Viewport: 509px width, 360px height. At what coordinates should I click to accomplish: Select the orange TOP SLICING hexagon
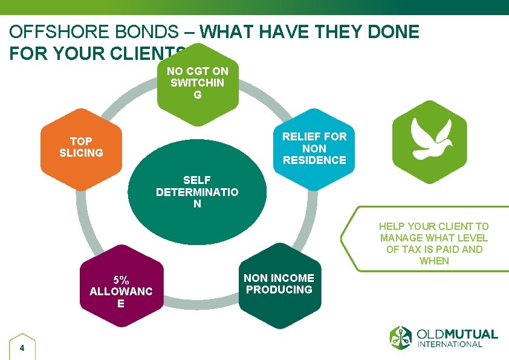coord(81,148)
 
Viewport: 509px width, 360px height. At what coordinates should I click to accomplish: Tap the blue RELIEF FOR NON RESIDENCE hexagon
coord(314,148)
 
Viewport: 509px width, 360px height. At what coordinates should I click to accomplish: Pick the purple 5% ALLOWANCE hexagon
coord(122,286)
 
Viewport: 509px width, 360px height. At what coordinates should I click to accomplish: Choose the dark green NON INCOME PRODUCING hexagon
coord(279,286)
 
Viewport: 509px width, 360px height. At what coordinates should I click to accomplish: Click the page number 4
coord(22,348)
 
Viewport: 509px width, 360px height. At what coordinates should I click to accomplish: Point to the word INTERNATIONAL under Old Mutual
coord(450,344)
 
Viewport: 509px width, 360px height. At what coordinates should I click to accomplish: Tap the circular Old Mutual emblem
coord(401,338)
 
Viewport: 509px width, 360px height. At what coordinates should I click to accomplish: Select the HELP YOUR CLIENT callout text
coord(434,243)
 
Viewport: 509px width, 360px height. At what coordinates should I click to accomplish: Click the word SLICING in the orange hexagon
coord(81,153)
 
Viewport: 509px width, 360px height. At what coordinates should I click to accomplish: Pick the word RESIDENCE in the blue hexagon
coord(314,160)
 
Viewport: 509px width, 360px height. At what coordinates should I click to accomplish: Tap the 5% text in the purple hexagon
coord(121,280)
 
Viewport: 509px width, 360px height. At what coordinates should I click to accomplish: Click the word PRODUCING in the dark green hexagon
coord(279,289)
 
